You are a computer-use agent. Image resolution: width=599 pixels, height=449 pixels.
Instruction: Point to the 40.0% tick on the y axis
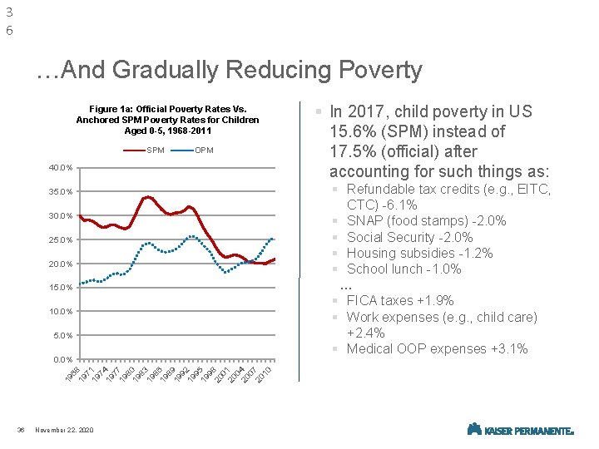point(62,168)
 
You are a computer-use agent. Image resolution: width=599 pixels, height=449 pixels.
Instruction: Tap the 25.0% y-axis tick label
point(62,240)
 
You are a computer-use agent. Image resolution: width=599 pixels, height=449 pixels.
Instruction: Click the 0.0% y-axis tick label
point(64,359)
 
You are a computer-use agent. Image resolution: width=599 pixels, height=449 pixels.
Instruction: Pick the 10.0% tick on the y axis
point(62,312)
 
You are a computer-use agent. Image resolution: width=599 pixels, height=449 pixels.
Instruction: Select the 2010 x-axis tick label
point(264,373)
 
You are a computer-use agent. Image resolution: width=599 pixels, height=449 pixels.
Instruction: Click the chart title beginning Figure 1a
point(167,120)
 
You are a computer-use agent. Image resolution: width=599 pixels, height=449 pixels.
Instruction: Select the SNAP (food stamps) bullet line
point(426,220)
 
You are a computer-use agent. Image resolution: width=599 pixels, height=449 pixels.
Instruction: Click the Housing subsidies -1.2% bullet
point(419,253)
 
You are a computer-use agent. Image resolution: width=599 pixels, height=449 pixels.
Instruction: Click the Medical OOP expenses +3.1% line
point(437,348)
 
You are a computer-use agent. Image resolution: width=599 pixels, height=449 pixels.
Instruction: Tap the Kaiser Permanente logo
point(521,429)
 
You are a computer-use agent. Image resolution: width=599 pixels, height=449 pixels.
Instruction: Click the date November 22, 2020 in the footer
point(65,429)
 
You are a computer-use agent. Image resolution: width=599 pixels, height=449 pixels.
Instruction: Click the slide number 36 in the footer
point(20,429)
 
